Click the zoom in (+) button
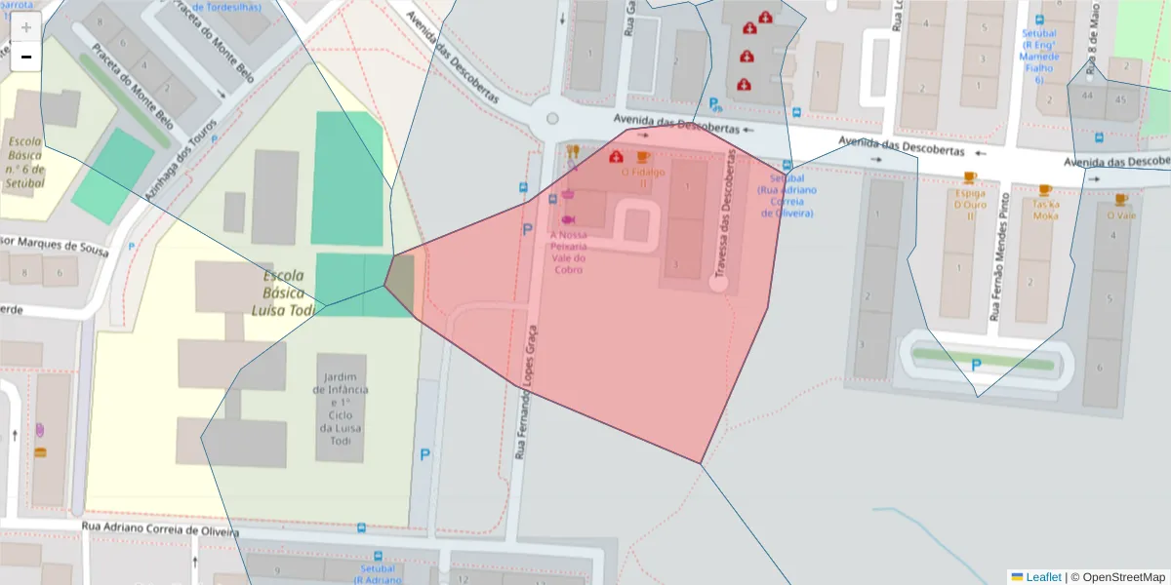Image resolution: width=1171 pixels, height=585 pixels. [26, 27]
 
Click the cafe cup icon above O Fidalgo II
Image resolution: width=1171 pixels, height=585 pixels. [642, 157]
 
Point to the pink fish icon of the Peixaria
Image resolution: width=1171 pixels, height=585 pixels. [568, 219]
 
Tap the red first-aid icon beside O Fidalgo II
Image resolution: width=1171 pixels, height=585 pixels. [616, 157]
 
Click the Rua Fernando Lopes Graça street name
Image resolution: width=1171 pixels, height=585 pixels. [526, 390]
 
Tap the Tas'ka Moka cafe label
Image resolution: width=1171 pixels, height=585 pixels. [1045, 210]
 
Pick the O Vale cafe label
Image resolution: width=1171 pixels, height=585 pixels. [1120, 214]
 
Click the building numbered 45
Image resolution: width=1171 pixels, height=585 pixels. [1120, 99]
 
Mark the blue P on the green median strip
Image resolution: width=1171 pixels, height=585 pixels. [976, 366]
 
